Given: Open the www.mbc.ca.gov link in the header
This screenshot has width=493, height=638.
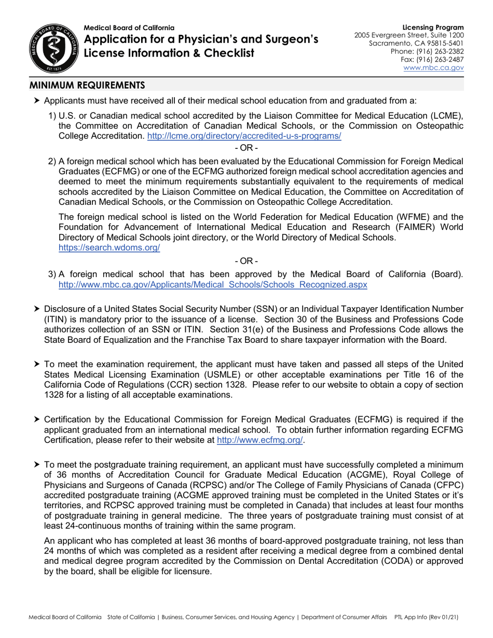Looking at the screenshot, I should coord(433,67).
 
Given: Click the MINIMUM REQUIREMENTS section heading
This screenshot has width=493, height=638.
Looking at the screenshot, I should coord(87,85).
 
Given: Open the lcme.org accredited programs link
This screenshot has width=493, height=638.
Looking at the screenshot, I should coord(244,136).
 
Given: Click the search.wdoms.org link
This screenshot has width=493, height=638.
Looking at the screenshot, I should coord(109,247).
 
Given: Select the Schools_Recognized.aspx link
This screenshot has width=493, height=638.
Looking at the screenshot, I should coord(213,285).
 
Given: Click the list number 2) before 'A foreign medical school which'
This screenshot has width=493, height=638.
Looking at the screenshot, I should coord(52,161).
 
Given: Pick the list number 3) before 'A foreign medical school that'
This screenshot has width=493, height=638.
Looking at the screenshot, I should coord(52,275).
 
